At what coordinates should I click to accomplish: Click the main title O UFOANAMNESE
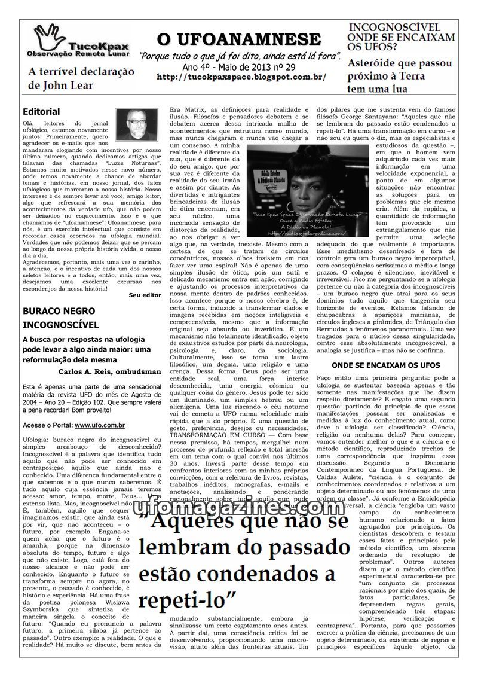(239, 40)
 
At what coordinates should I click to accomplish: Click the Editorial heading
(41, 111)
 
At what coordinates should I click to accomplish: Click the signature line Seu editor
(145, 295)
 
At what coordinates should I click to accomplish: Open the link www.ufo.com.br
(100, 425)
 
